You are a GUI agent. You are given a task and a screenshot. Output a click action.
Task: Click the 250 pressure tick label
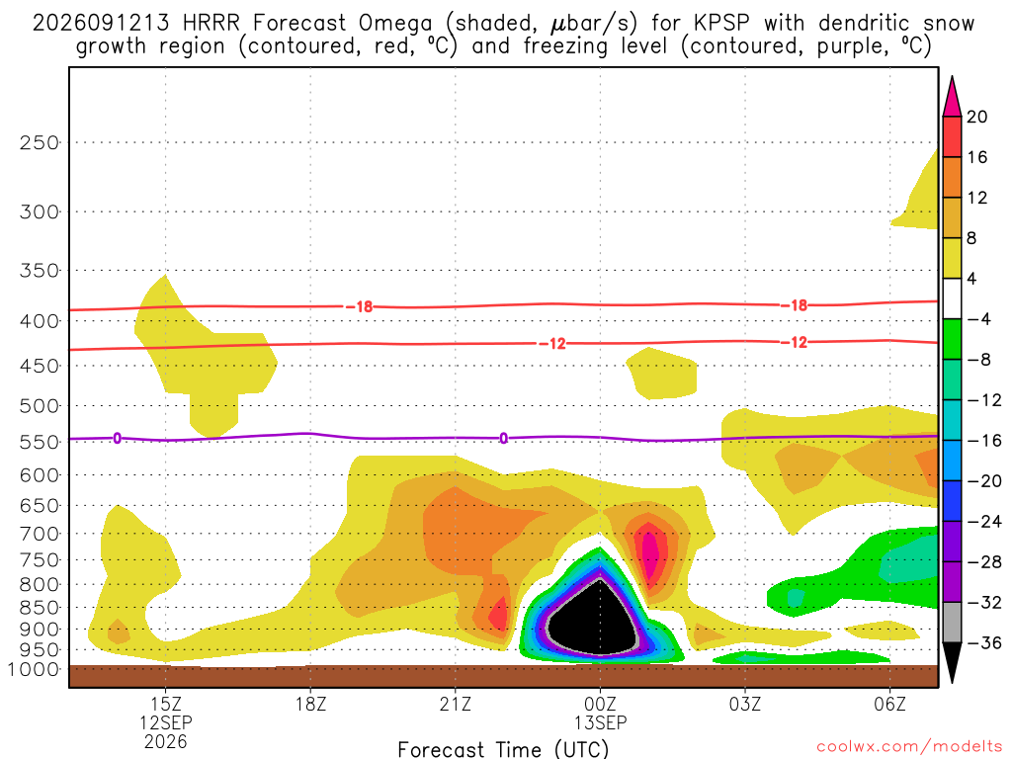pyautogui.click(x=39, y=142)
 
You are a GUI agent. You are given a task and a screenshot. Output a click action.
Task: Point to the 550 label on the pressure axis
pyautogui.click(x=39, y=442)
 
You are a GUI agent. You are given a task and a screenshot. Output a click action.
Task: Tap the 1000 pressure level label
pyautogui.click(x=33, y=669)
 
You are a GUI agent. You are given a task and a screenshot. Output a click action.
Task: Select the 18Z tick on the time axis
pyautogui.click(x=310, y=704)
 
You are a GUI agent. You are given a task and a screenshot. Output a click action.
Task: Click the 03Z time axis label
pyautogui.click(x=745, y=704)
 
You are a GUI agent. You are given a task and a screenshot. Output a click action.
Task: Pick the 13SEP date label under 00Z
pyautogui.click(x=600, y=722)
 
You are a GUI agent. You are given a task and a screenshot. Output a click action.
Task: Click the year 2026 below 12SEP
pyautogui.click(x=166, y=741)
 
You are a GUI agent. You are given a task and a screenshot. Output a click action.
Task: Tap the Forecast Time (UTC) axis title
pyautogui.click(x=503, y=749)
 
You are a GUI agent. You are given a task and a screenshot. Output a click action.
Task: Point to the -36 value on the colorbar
pyautogui.click(x=984, y=642)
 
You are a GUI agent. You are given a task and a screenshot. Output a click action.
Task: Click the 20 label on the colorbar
pyautogui.click(x=977, y=117)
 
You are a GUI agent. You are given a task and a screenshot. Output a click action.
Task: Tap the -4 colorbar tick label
pyautogui.click(x=978, y=319)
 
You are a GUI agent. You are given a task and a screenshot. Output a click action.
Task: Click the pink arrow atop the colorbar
pyautogui.click(x=952, y=97)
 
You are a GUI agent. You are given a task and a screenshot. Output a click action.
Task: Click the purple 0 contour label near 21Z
pyautogui.click(x=503, y=439)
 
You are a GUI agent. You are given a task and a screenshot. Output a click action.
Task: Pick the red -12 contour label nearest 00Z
pyautogui.click(x=552, y=344)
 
